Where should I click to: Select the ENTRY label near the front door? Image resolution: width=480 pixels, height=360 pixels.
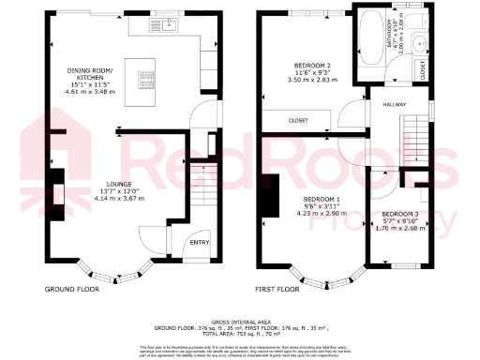click(199, 243)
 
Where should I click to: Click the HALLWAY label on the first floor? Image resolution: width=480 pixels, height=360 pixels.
click(394, 106)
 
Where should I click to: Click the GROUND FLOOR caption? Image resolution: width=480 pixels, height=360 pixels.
click(71, 290)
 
